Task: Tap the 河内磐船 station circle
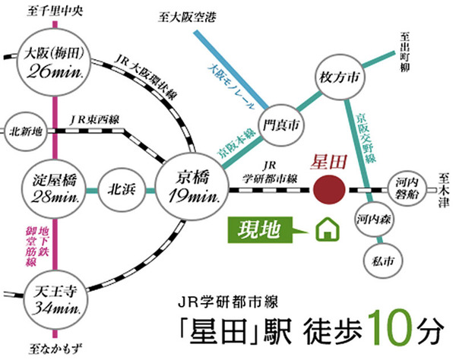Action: click(x=403, y=188)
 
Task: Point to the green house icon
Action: click(x=325, y=229)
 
